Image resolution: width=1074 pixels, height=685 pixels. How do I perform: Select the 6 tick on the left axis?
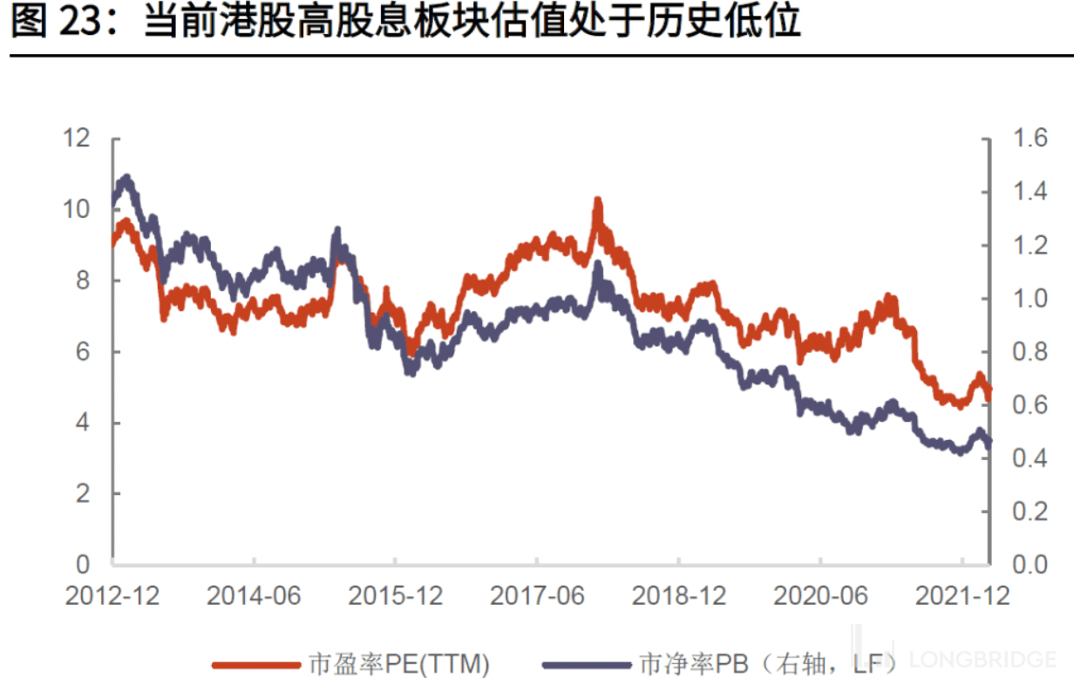(82, 351)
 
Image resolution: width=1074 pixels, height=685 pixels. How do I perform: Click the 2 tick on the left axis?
(82, 493)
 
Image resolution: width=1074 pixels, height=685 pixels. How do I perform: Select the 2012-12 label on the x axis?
(112, 596)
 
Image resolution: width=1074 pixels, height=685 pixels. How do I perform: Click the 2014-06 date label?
(254, 596)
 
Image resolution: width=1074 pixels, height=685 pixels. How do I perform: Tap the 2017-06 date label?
(537, 596)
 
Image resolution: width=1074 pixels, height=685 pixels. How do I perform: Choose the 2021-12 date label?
(962, 596)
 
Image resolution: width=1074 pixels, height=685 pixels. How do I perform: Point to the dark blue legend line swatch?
(586, 665)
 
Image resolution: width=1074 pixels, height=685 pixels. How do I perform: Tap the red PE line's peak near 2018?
(598, 202)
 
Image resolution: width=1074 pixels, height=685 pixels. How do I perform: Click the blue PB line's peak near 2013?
(127, 179)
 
